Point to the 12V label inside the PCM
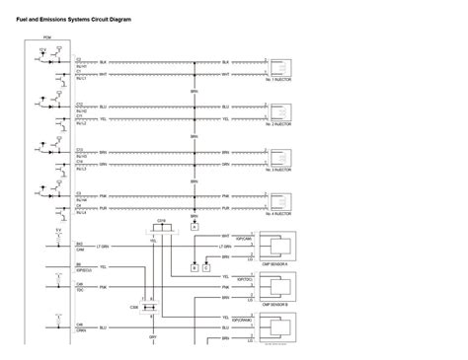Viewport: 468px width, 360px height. [x=41, y=49]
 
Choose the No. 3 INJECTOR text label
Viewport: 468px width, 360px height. [x=277, y=170]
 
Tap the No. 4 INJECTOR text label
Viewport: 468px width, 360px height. [x=277, y=213]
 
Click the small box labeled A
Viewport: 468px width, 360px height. [x=195, y=226]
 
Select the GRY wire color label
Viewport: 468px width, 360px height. [x=153, y=336]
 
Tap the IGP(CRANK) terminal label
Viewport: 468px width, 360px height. [x=243, y=322]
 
